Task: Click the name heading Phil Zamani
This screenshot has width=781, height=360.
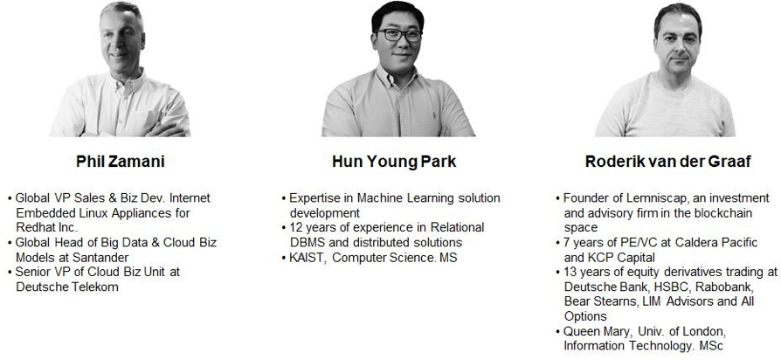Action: click(x=120, y=162)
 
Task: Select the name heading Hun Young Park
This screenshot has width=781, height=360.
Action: click(x=394, y=162)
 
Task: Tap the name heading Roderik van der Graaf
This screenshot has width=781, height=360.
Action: click(x=668, y=162)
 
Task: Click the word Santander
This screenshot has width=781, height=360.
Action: click(x=105, y=258)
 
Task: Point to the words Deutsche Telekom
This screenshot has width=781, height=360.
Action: click(x=67, y=287)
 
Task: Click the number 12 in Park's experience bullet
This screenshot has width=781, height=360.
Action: click(x=295, y=227)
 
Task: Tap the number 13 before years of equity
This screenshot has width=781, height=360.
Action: click(x=570, y=273)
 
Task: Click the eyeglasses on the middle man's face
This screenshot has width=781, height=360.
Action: click(x=398, y=35)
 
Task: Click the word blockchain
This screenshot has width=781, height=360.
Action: click(x=725, y=213)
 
